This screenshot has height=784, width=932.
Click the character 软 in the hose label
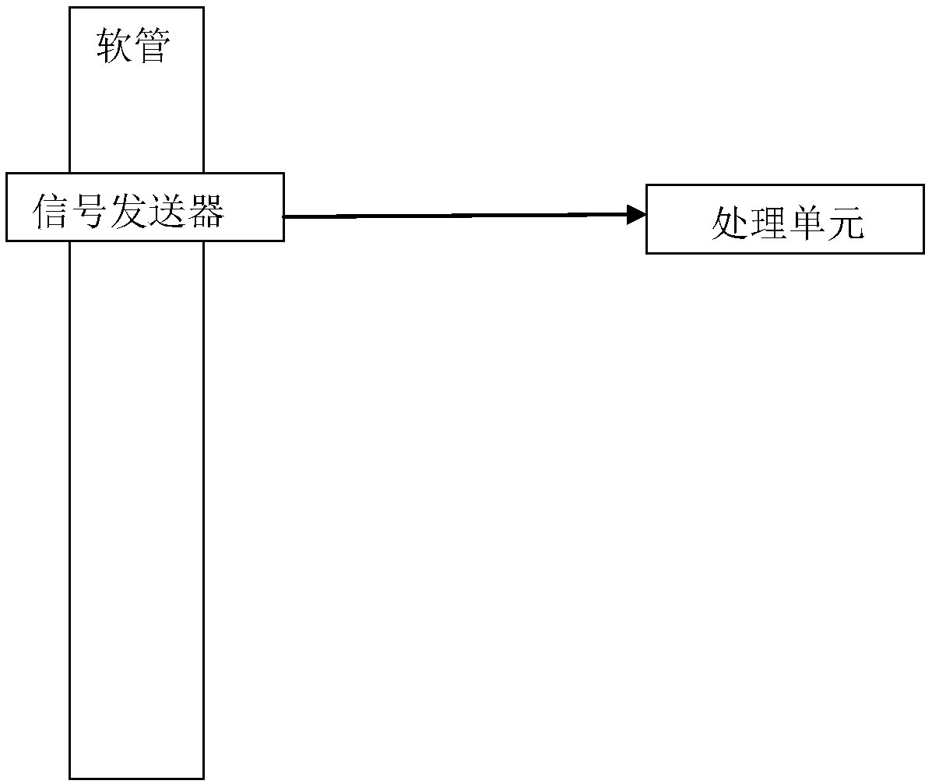114,47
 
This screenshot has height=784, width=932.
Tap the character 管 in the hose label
151,47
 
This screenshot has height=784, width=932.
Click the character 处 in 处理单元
730,224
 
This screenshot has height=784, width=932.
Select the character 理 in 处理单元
767,224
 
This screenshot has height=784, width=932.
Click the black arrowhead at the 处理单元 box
637,215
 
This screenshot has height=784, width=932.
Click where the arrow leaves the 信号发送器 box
284,217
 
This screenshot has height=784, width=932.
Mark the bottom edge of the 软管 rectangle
136,778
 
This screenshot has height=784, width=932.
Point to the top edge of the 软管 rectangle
136,8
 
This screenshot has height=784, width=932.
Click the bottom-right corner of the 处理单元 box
924,253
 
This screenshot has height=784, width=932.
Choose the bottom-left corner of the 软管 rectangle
69,778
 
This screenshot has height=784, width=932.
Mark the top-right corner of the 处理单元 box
924,185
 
